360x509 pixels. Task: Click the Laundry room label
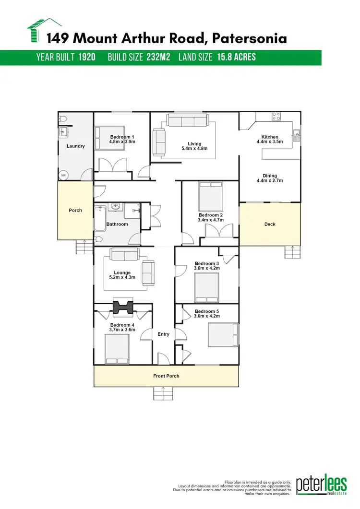75,146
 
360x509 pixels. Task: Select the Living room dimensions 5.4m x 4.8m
194,149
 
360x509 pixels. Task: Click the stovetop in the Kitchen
276,116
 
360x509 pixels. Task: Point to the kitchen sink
298,135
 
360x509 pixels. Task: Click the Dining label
270,176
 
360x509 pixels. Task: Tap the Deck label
270,224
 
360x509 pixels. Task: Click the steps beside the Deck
292,252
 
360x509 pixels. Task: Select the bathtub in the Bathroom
101,218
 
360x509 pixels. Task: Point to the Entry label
163,334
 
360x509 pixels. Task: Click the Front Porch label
166,376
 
